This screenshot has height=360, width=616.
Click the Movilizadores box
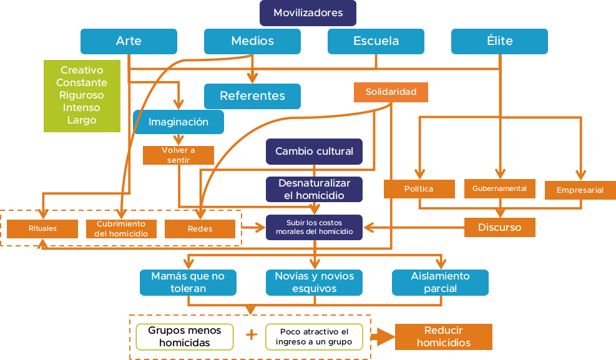click(x=308, y=13)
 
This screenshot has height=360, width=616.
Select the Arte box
click(x=129, y=41)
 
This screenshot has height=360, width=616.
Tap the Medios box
click(x=252, y=41)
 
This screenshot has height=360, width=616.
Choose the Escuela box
click(x=376, y=41)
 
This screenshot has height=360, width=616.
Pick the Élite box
click(x=499, y=41)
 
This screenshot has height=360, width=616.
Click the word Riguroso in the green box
click(x=82, y=95)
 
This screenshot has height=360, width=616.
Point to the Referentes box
click(x=252, y=96)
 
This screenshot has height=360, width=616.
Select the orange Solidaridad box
click(x=391, y=92)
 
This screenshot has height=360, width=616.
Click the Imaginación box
click(x=178, y=122)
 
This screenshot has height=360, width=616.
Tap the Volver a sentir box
click(x=178, y=155)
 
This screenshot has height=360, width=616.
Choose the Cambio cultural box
click(x=314, y=152)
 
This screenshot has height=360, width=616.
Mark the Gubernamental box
click(x=499, y=188)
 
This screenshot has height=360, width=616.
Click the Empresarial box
click(x=580, y=190)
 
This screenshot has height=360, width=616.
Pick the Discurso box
click(x=500, y=227)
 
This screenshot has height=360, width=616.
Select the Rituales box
click(x=42, y=228)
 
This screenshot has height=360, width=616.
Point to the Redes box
click(x=200, y=229)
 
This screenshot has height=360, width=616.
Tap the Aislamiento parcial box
click(x=440, y=282)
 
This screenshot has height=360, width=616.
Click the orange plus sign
click(x=252, y=335)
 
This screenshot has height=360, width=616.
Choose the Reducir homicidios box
click(x=444, y=337)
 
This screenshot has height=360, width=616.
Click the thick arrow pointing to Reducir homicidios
click(x=383, y=338)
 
